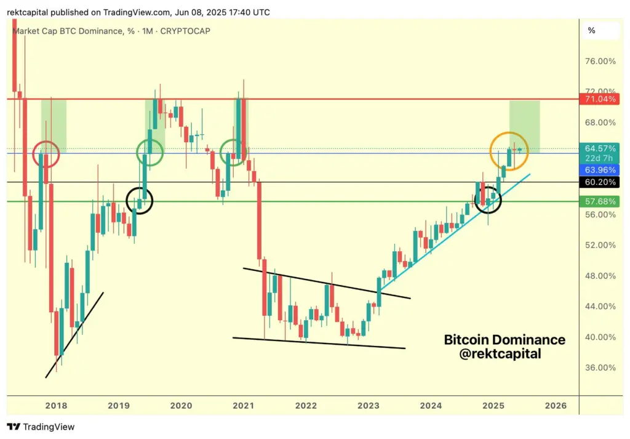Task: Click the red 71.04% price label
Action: (599, 99)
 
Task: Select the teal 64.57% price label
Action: (599, 148)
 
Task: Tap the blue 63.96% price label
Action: (599, 170)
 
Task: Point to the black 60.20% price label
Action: (599, 182)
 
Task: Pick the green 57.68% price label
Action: (599, 201)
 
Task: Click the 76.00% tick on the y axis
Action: (599, 61)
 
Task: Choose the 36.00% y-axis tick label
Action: (599, 368)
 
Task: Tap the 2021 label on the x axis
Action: (244, 405)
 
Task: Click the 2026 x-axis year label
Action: (556, 405)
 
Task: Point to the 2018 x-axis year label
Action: (57, 405)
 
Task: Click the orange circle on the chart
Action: (509, 151)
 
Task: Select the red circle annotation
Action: (46, 153)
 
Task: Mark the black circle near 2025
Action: (488, 199)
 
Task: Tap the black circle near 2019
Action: (139, 201)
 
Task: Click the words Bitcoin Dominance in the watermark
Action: (504, 339)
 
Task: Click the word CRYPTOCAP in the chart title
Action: (184, 31)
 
